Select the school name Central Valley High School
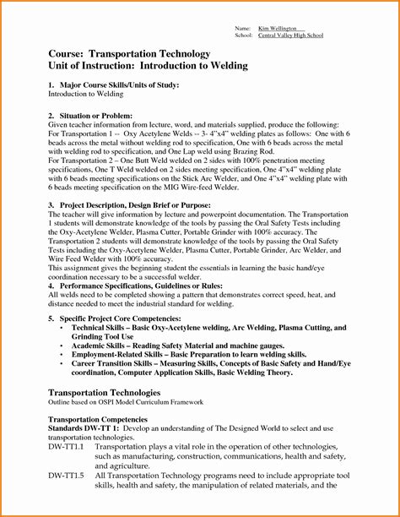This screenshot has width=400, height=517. [x=291, y=36]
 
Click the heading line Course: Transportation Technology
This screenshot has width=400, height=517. [x=129, y=53]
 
